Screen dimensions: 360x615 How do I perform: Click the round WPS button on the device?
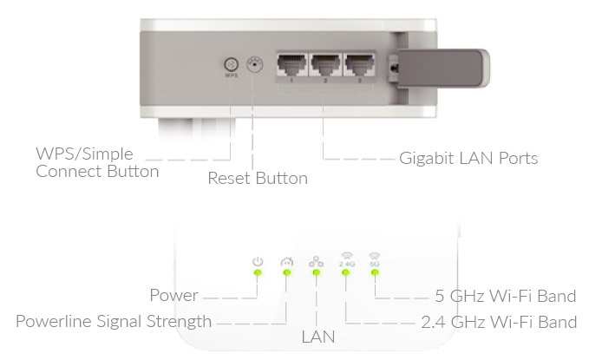point(231,64)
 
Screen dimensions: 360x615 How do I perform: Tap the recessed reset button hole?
point(255,64)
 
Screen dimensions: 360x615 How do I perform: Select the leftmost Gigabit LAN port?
point(293,66)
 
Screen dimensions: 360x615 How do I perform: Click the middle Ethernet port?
point(326,66)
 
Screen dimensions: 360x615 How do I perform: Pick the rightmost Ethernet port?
point(358,66)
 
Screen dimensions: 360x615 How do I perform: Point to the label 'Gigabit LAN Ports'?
point(468,159)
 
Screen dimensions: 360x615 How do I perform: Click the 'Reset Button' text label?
point(258,179)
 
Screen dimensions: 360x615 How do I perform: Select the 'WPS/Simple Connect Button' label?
point(97,162)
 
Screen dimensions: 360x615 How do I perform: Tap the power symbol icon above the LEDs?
point(257,261)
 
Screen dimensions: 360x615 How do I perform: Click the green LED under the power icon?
point(257,273)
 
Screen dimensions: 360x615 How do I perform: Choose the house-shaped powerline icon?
point(286,261)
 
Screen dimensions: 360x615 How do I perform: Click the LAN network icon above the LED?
point(316,261)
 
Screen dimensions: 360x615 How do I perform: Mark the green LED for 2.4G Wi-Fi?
point(345,273)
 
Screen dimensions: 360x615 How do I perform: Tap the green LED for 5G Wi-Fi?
point(375,273)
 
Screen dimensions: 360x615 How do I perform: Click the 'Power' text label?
point(173,296)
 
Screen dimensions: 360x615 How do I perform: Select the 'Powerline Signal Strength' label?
point(114,322)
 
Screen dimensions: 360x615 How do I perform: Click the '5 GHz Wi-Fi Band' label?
point(505,296)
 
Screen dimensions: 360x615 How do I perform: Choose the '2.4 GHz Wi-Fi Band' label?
point(498,322)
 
